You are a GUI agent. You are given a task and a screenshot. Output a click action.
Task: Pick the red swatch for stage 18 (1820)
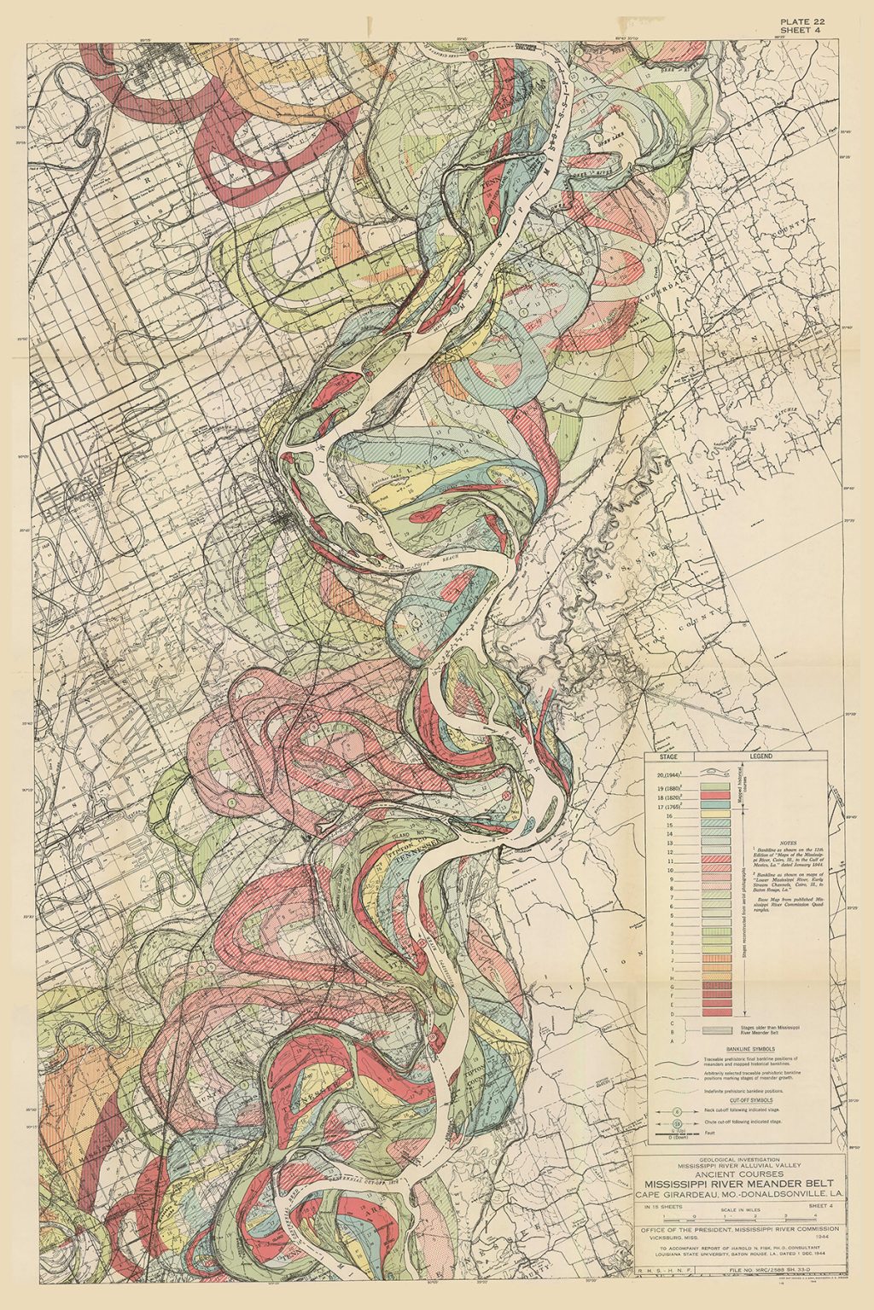tap(715, 796)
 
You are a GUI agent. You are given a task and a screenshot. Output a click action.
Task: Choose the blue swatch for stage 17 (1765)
tap(715, 806)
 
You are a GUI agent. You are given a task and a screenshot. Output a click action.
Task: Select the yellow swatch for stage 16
tap(715, 816)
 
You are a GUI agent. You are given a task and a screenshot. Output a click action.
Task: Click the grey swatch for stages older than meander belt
tap(715, 1030)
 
